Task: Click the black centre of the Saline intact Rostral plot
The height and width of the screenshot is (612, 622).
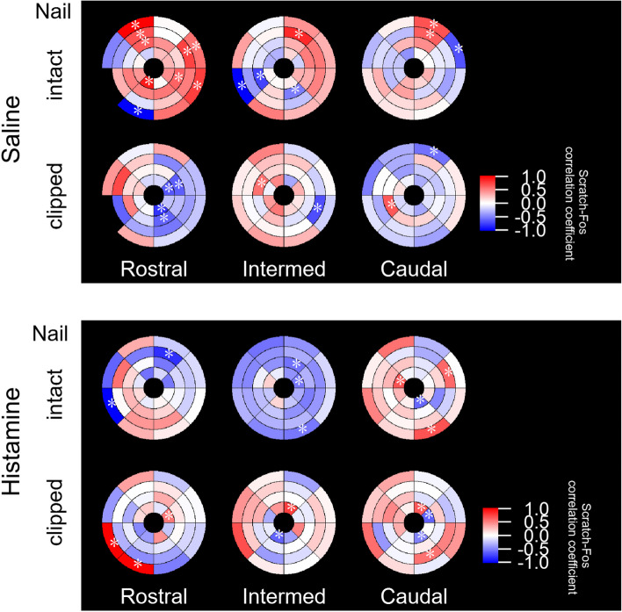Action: click(153, 68)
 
